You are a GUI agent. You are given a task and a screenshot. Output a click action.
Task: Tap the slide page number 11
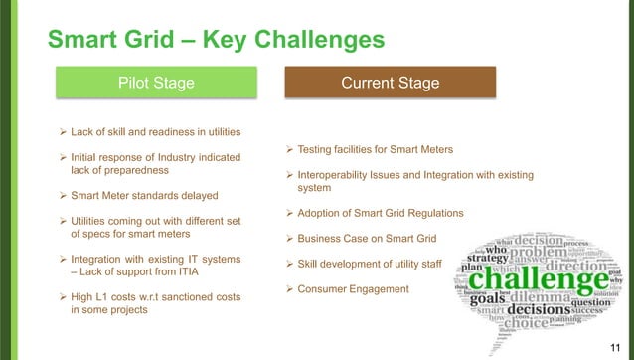(613, 341)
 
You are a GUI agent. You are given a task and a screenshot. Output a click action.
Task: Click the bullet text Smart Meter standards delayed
(143, 195)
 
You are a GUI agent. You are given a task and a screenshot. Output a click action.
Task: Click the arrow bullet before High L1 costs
(64, 296)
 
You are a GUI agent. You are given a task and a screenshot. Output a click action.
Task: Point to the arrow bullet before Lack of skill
(64, 131)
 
